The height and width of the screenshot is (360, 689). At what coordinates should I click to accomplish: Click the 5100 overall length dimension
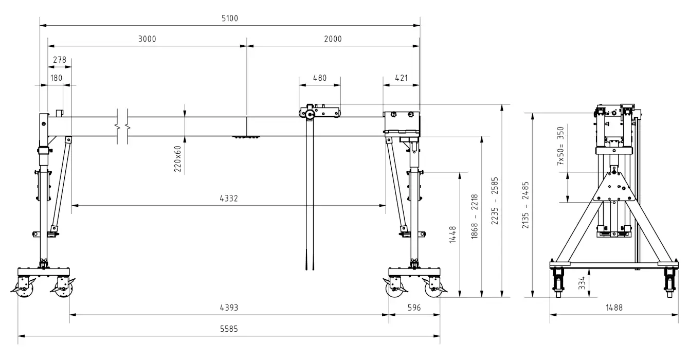click(x=230, y=19)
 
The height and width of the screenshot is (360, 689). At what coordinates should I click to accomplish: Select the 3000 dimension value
click(x=147, y=39)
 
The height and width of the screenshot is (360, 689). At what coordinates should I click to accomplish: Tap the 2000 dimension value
click(x=333, y=39)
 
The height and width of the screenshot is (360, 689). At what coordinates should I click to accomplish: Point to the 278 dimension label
click(x=60, y=60)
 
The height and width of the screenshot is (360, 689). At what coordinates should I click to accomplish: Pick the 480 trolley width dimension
click(x=320, y=78)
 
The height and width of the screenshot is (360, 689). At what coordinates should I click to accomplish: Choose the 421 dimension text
click(x=401, y=78)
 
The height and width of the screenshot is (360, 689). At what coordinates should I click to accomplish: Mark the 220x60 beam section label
click(x=178, y=158)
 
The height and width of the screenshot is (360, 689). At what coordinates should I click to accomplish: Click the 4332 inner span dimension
click(x=228, y=198)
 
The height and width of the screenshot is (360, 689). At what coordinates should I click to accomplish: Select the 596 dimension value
click(x=414, y=308)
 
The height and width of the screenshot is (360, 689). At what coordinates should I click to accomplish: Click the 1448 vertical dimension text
click(x=453, y=235)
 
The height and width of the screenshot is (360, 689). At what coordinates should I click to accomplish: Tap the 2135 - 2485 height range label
click(x=525, y=206)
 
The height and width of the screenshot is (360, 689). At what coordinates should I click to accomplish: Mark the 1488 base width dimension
click(x=614, y=308)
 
